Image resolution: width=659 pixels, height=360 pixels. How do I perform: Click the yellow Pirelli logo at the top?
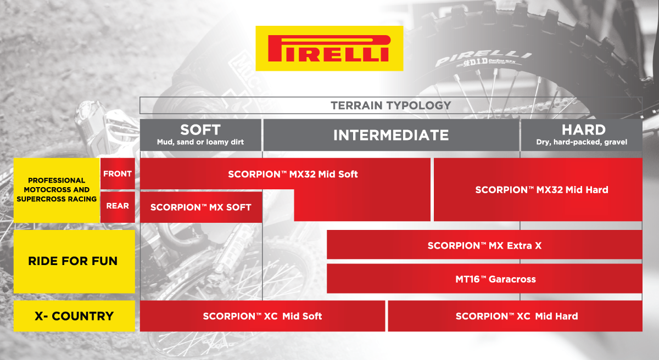coord(329,48)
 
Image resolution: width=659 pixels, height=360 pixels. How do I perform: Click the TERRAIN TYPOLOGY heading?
coord(390,105)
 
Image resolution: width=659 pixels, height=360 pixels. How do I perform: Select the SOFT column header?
coord(200,130)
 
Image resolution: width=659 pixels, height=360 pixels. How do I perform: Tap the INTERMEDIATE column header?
coord(390,135)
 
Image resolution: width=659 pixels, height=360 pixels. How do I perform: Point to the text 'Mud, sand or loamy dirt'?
coord(200,142)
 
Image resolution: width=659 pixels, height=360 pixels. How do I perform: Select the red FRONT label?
coord(118,174)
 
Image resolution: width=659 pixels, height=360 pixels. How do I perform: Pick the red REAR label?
coord(118,206)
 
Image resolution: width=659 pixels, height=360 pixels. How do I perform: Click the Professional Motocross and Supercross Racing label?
coord(57,189)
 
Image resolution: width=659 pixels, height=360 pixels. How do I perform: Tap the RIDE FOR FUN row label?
coord(73,261)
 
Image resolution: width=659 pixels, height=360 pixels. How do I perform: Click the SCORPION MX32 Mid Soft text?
coord(293,174)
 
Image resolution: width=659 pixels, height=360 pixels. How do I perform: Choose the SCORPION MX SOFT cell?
coord(200,207)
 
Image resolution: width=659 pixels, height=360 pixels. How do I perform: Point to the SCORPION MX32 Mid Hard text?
coord(541,190)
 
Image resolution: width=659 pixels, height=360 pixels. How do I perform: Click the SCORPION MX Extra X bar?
coord(484,245)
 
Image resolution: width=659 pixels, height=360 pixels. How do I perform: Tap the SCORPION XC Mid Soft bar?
coord(262,316)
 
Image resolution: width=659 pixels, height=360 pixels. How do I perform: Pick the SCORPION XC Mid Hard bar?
coord(516,316)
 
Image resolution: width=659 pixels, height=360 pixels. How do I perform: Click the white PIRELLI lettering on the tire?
coord(484,57)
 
